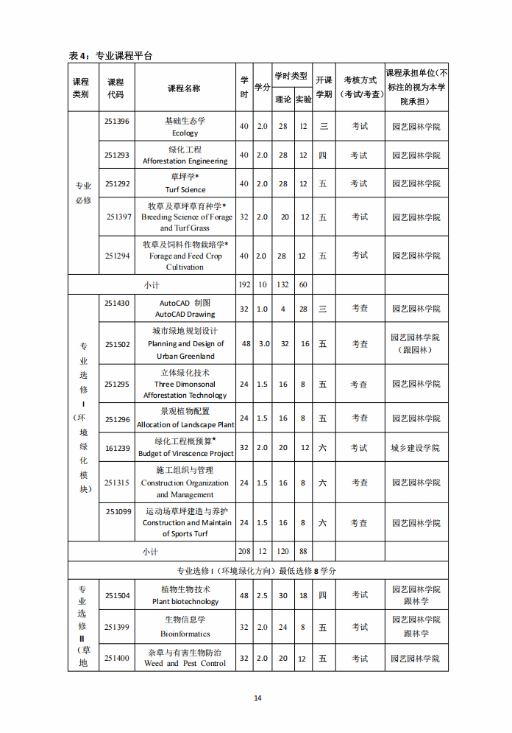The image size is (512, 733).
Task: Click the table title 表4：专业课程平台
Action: pos(111,56)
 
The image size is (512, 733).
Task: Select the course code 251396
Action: pos(117,121)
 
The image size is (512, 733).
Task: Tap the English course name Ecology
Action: pos(185,133)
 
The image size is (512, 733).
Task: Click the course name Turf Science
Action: pos(185,189)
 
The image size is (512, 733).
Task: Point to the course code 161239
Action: pos(118,448)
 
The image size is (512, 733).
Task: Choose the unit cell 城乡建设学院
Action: pos(416,448)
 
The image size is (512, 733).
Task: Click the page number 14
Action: pos(257,698)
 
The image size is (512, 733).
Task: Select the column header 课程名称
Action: pos(184,88)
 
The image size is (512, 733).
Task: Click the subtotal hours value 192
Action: pos(244,284)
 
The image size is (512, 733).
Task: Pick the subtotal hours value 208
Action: pos(244,551)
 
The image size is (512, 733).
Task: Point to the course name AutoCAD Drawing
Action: pos(185,314)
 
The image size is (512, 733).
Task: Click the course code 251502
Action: pos(118,344)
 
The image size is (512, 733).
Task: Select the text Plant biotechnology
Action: pos(185,601)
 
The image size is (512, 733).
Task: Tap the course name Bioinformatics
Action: pos(185,634)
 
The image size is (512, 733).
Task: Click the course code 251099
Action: pos(118,511)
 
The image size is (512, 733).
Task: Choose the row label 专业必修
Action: pos(83,193)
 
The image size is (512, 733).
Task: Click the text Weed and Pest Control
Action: pos(185,664)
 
